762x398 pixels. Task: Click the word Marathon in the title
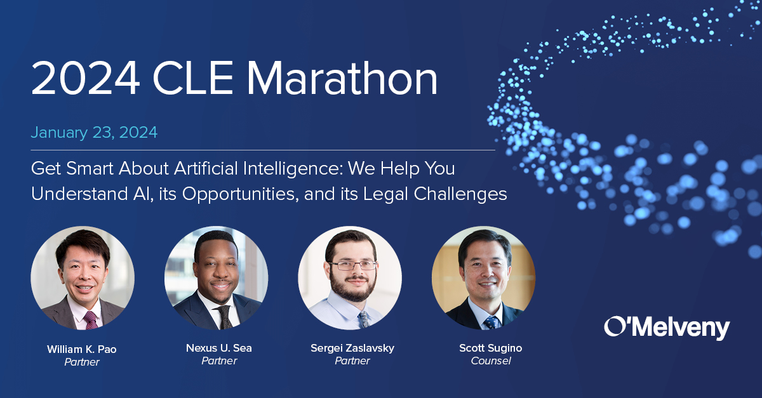[342, 79]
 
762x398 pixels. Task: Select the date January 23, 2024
[94, 133]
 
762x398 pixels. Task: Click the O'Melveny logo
[667, 328]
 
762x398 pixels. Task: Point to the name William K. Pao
[82, 349]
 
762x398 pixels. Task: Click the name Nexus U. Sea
[218, 348]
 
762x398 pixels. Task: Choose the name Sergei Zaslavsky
[352, 348]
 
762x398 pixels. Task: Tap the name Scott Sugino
[491, 348]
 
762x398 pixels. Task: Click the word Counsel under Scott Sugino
[491, 361]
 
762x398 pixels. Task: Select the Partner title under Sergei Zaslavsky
[352, 361]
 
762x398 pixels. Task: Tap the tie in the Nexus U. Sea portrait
[224, 316]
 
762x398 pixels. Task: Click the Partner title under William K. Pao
[82, 362]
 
